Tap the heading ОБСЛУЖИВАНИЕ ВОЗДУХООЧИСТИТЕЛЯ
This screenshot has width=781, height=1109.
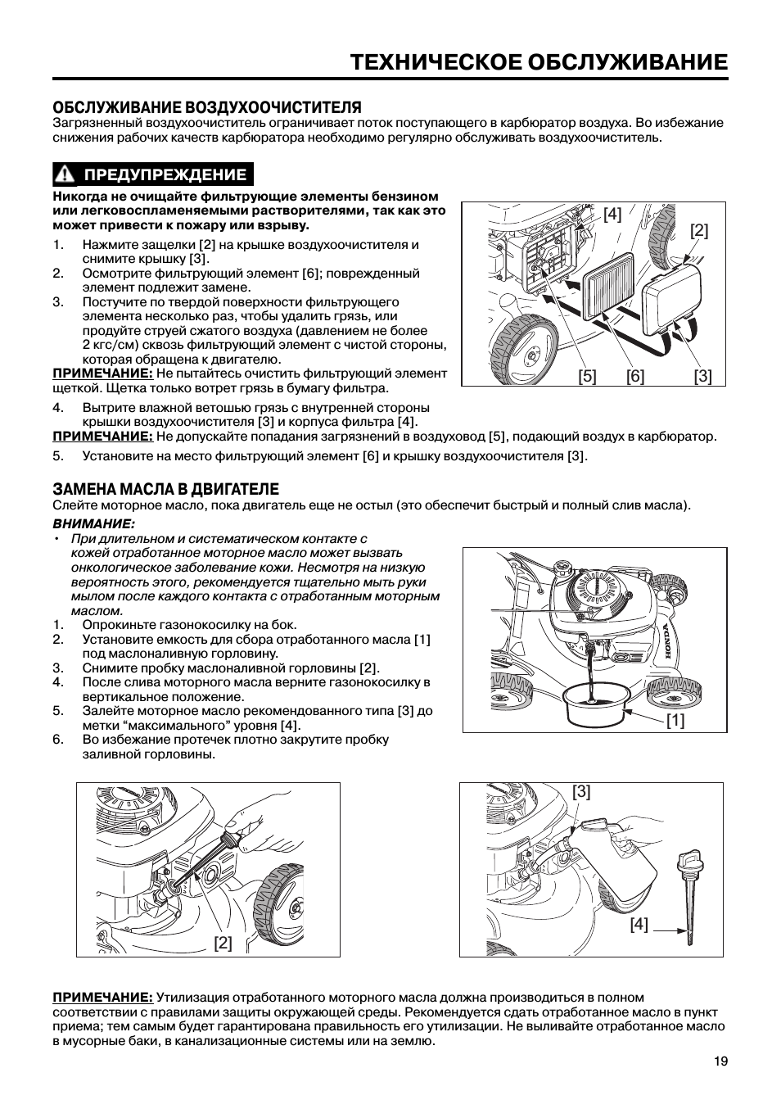207,107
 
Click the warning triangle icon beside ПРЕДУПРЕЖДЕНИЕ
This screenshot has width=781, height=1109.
66,174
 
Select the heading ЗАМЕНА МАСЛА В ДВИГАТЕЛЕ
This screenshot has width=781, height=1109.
166,489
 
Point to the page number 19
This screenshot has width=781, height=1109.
720,1061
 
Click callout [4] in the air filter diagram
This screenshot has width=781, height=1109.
612,215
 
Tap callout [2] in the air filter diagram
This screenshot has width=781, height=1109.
698,231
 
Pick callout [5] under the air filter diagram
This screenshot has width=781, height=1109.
587,376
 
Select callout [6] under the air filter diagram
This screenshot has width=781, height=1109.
635,376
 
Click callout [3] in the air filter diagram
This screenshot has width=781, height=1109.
702,376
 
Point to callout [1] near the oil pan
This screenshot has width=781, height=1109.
675,720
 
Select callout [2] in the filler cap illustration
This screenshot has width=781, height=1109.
223,942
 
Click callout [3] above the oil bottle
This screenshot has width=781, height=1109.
581,791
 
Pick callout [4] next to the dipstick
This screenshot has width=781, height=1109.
639,925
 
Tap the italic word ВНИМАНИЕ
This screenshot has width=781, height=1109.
93,523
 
